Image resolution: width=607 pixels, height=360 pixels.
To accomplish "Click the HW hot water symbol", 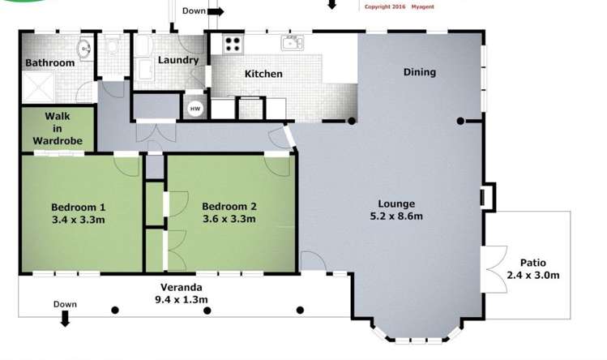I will pos(194,108).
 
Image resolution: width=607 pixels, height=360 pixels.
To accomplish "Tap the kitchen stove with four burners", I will pos(233,44).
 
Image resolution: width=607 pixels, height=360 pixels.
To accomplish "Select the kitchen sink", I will pos(292,43).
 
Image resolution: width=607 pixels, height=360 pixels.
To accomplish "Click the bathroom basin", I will pos(84,49).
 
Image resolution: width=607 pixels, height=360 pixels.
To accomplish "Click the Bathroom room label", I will pos(50,62).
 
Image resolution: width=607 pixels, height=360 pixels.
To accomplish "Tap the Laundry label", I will pos(178,60).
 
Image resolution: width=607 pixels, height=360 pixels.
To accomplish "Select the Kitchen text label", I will pos(263,75).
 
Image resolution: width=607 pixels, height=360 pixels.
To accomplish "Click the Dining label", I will pos(420,72).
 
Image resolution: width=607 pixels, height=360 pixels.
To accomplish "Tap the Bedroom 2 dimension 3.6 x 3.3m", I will pos(229,219).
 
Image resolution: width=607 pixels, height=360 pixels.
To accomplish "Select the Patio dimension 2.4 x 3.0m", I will pos(533,275).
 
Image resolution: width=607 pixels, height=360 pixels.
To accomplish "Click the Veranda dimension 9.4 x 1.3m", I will pos(181,300).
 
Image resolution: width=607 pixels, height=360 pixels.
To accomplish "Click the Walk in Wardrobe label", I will pos(58,128).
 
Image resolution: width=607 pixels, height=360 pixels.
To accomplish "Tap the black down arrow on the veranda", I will pos(65,319).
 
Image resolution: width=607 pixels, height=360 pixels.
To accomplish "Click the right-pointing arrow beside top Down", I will pos(216,11).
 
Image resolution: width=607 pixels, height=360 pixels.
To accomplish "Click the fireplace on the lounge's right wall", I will pos(484,196).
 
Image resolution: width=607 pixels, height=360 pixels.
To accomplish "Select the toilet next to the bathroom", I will pos(112,48).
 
